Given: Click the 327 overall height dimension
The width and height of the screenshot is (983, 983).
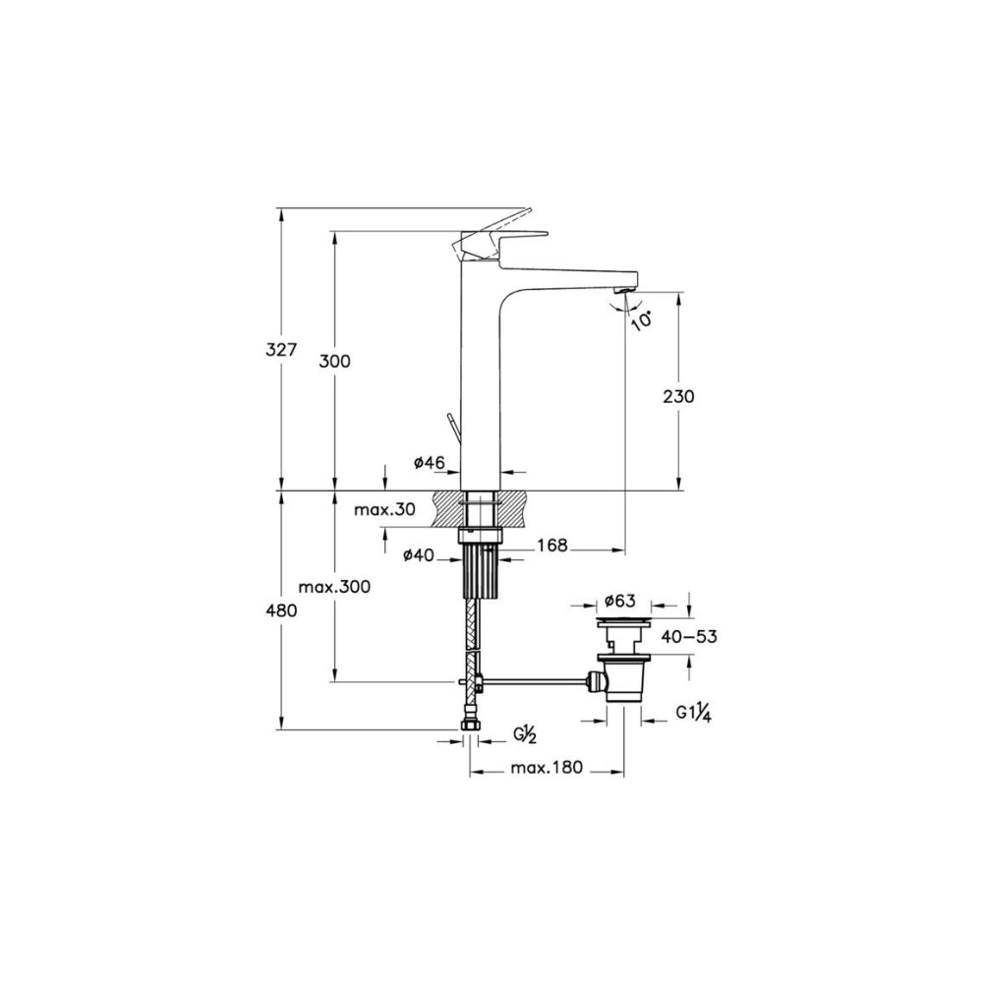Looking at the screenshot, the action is [x=280, y=349].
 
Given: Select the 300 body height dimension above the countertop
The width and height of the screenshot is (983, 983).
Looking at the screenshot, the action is [x=334, y=361].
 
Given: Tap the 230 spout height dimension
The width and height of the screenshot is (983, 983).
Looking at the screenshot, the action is [x=678, y=396].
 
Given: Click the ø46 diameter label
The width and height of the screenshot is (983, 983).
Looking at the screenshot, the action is [x=430, y=463].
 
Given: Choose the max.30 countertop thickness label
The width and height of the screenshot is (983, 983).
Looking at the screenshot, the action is [x=384, y=509].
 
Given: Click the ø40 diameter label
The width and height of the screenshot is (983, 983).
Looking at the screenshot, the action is [x=418, y=554].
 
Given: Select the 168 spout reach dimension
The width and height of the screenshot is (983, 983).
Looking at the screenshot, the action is [x=551, y=546].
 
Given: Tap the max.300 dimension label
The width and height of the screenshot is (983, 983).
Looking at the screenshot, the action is [x=334, y=588].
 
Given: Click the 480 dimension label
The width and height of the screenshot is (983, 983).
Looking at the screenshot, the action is [x=281, y=609].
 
